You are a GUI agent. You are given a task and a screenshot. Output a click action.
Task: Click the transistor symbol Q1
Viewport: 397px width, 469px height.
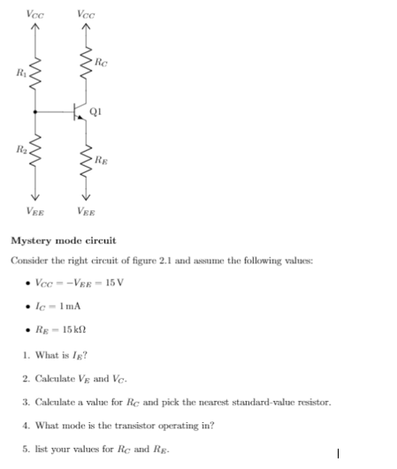coord(81,112)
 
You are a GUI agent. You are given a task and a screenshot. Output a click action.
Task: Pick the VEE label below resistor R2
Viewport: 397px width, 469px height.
coord(35,211)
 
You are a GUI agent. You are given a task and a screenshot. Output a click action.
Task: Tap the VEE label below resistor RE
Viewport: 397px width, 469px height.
coord(87,211)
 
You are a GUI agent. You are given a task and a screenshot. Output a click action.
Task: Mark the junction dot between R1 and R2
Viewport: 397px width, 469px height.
coord(35,112)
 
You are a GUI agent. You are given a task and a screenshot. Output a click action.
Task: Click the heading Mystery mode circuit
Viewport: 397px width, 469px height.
coord(63,240)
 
